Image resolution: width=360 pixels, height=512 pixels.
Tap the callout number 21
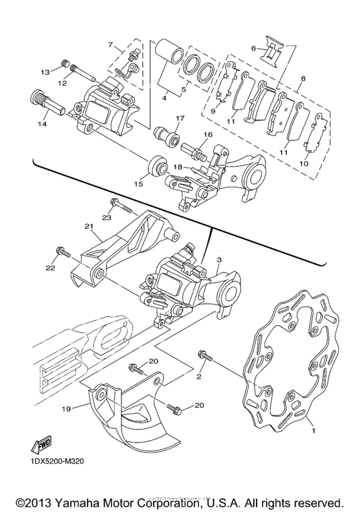89,227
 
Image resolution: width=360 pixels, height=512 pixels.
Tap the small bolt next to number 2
206,355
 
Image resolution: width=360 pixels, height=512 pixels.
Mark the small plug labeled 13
64,62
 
